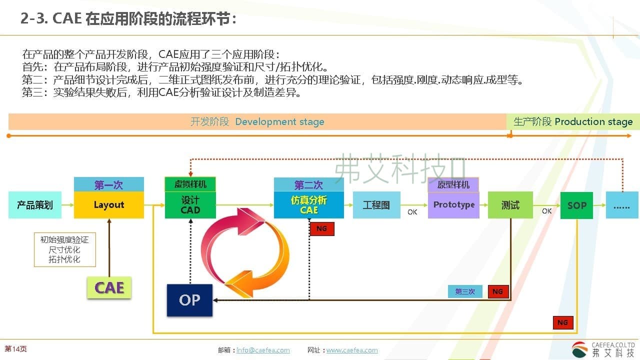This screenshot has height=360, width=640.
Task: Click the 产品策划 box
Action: point(35,205)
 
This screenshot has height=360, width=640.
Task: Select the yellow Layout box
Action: point(109,205)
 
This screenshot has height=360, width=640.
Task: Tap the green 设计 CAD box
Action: point(190,205)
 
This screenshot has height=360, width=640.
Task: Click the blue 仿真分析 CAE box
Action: point(309,205)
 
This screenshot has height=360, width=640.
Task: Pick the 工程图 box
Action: point(376,205)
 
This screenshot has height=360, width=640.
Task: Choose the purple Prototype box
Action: point(453,205)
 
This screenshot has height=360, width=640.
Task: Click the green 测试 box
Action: point(510,205)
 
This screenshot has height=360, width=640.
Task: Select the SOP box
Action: point(576,205)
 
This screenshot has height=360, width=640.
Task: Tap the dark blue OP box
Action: point(189,300)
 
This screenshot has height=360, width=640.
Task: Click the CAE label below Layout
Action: point(109,288)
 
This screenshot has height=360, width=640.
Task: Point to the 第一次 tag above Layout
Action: point(108,185)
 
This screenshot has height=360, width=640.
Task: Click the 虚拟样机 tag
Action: point(190,184)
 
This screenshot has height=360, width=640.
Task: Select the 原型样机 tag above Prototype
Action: point(453,184)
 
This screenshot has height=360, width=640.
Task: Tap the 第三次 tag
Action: point(465,291)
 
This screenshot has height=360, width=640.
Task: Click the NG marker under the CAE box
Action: point(322,228)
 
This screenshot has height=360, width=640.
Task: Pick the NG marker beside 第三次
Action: point(498,291)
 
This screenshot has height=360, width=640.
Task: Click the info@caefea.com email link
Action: point(263,350)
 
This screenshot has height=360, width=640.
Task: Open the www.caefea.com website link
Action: point(352,350)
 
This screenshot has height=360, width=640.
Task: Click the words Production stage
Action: point(593,121)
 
